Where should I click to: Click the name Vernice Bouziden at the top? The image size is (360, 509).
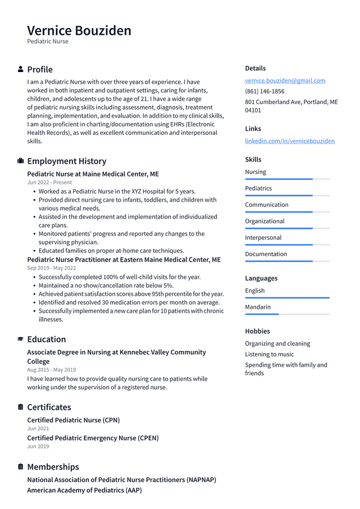[79, 30]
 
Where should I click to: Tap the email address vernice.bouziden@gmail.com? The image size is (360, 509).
[285, 80]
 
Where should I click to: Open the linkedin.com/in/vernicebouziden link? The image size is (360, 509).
[290, 141]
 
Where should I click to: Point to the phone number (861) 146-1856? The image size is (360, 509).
[264, 91]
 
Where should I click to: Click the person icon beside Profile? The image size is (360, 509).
[21, 69]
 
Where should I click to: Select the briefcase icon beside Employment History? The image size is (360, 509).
[21, 161]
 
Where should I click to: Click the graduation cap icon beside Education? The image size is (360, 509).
[21, 339]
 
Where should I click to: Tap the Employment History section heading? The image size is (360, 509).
[66, 161]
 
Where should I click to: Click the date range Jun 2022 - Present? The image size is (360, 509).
[49, 182]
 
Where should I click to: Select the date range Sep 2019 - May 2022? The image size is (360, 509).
[51, 268]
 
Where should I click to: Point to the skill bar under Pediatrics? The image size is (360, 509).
[287, 196]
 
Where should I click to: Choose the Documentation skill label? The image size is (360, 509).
[266, 254]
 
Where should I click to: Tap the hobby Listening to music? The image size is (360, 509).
[269, 354]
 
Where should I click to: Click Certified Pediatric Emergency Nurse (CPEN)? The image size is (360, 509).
[93, 438]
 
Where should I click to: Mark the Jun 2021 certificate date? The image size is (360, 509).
[38, 429]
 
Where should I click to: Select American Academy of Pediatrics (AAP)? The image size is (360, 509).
[84, 490]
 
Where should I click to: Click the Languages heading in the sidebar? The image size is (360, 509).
[261, 278]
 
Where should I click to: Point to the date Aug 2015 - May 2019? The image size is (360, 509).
[51, 370]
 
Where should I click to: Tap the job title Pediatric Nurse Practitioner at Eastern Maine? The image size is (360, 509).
[124, 260]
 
